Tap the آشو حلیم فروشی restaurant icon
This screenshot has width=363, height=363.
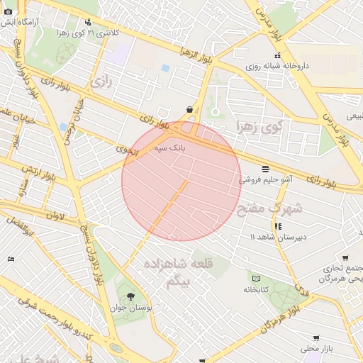pos(265,169)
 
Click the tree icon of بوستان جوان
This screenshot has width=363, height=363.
pos(130,296)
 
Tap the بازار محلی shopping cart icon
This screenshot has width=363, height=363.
pos(315,338)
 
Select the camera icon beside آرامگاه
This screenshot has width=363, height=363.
pos(9,11)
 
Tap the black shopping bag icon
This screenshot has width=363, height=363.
pos(189,109)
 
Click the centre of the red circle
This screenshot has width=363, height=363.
pos(181,181)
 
